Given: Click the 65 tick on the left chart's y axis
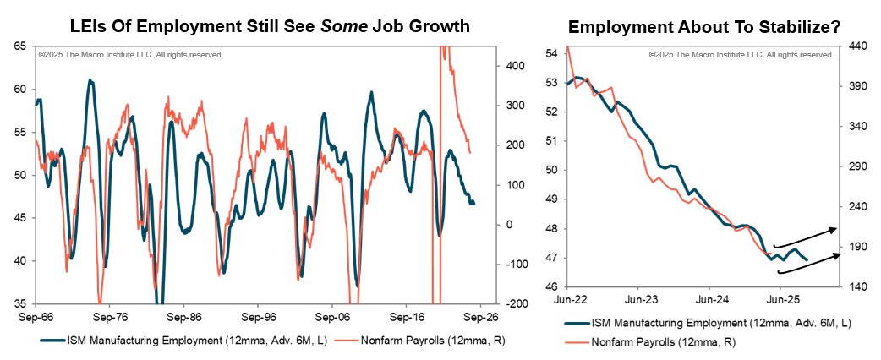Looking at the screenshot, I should [19, 46].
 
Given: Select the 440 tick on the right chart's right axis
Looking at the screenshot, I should [861, 47].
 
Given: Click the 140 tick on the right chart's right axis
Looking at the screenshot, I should [861, 287].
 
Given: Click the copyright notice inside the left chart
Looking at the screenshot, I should [130, 54].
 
